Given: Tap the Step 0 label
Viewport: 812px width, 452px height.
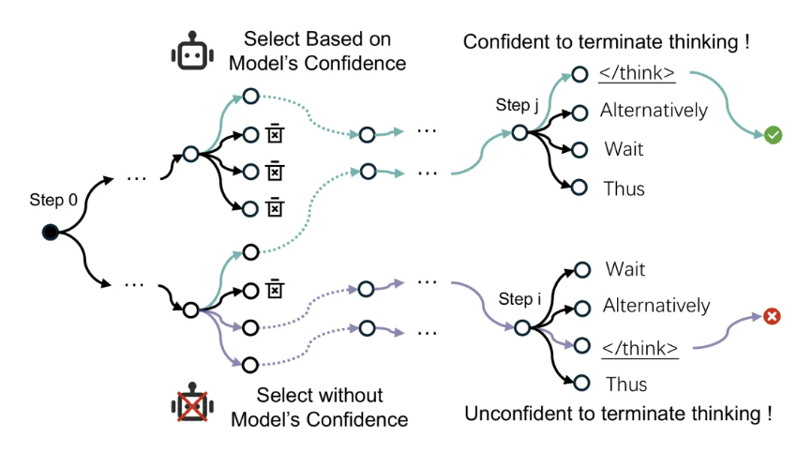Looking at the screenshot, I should [x=50, y=200].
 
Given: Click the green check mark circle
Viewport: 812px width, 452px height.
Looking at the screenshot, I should [x=773, y=136].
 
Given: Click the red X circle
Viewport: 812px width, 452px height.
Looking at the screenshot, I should [x=772, y=317].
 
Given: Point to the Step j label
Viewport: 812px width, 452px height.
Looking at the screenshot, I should [x=517, y=106].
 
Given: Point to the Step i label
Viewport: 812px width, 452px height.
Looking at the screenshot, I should [x=519, y=300].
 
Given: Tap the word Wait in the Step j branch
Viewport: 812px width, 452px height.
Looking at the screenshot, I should [x=624, y=149].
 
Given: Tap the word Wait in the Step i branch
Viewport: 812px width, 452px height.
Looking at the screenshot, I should [x=625, y=270].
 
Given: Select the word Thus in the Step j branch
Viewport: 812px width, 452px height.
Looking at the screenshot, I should [x=624, y=188].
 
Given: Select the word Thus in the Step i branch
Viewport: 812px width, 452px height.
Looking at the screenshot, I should [x=626, y=384].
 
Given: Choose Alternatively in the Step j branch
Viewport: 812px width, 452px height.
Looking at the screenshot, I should [x=654, y=110].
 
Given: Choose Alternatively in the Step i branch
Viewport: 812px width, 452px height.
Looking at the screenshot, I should [x=656, y=306].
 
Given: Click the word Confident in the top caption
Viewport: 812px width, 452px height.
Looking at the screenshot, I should [x=506, y=42].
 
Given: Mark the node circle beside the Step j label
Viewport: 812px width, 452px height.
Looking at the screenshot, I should [x=519, y=132].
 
